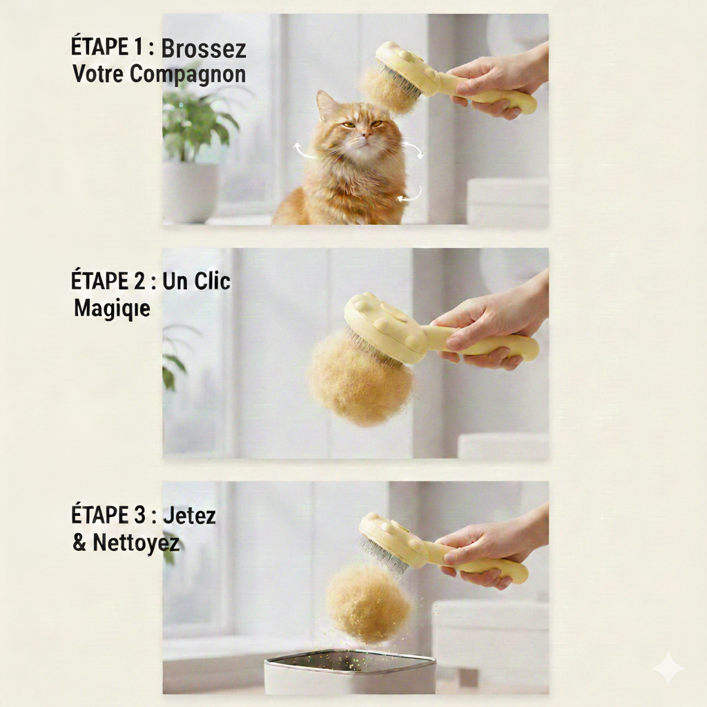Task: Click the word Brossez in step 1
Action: coord(204,49)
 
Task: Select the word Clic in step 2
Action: coord(213,282)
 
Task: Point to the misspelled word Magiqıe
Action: coord(112,309)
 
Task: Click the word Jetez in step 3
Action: coord(189,515)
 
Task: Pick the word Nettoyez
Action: coord(136,543)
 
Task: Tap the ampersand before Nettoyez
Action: coord(79,543)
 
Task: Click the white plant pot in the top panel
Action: coord(190,192)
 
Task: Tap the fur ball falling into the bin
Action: coord(369,603)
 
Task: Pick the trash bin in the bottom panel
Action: coord(350,671)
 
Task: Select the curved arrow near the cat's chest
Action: coord(410,195)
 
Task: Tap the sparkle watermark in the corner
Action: coord(668,668)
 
